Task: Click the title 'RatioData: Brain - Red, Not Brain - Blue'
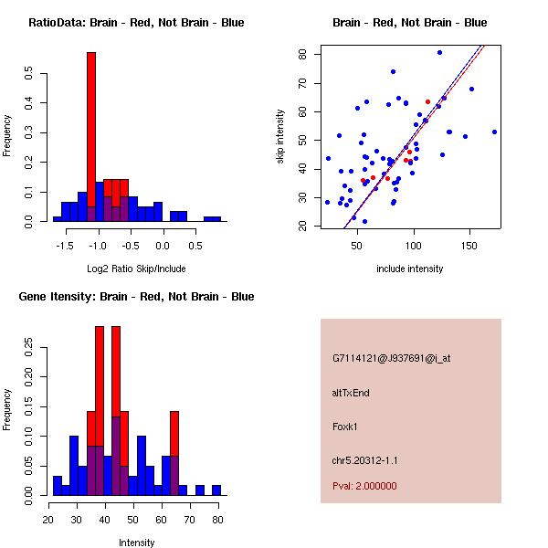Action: coord(136,23)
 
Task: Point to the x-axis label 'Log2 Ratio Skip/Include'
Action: coord(136,269)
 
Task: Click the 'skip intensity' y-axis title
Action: coord(282,137)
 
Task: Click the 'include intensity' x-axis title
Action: coord(409,269)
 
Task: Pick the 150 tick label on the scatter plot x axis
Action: coord(469,244)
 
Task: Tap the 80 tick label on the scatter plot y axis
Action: coord(302,54)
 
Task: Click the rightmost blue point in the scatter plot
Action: coord(494,132)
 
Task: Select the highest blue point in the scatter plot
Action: coord(439,53)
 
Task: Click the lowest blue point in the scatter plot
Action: coord(364,221)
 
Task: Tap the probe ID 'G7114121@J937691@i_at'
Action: coord(391,358)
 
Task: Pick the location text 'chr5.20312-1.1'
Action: coord(364,459)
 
